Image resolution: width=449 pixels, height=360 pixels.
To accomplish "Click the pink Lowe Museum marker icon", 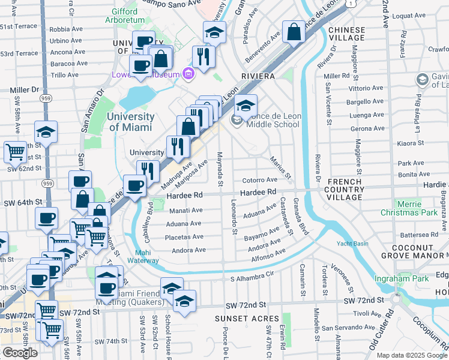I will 188,74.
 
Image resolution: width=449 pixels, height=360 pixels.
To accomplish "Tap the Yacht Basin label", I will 352,244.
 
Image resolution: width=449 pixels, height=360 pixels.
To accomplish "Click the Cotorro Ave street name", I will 259,179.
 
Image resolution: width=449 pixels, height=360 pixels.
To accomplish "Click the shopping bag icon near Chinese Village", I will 294,32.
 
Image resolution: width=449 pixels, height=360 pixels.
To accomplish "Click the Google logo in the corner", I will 20,353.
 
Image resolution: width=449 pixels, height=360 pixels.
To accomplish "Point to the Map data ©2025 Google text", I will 411,355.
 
